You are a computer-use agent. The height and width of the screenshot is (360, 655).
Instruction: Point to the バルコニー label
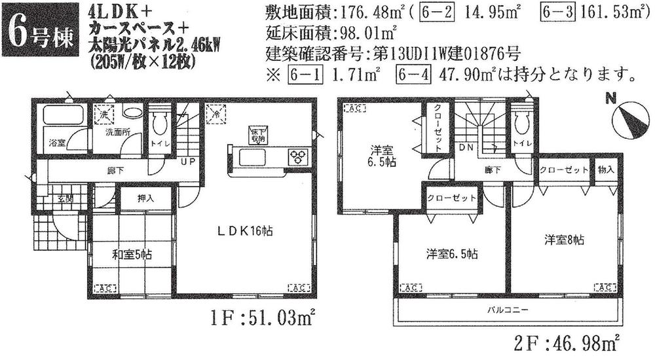click(x=507, y=308)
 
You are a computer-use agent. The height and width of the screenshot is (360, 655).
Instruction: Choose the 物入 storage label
click(x=606, y=169)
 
